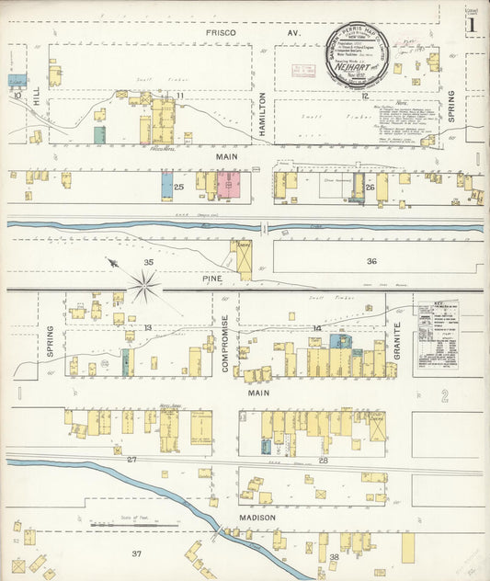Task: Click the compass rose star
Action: pyautogui.click(x=144, y=286)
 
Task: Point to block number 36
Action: pyautogui.click(x=371, y=261)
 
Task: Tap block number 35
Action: pyautogui.click(x=148, y=263)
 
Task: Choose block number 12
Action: pyautogui.click(x=364, y=96)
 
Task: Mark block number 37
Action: pyautogui.click(x=137, y=553)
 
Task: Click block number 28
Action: pyautogui.click(x=323, y=460)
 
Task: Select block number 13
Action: pyautogui.click(x=147, y=327)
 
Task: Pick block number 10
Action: pyautogui.click(x=17, y=94)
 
